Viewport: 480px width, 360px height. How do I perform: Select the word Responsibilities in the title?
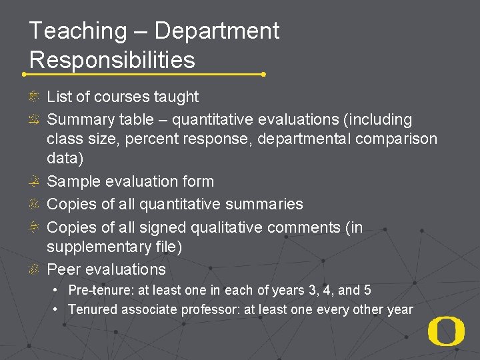coord(112,60)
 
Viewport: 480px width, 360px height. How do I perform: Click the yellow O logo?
coord(446,331)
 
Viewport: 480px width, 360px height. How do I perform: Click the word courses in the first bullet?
coord(118,97)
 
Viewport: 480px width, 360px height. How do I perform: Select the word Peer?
coord(62,270)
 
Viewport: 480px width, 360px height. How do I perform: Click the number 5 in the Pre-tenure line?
coord(367,291)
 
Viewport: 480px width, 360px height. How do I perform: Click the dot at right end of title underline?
coord(264,74)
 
